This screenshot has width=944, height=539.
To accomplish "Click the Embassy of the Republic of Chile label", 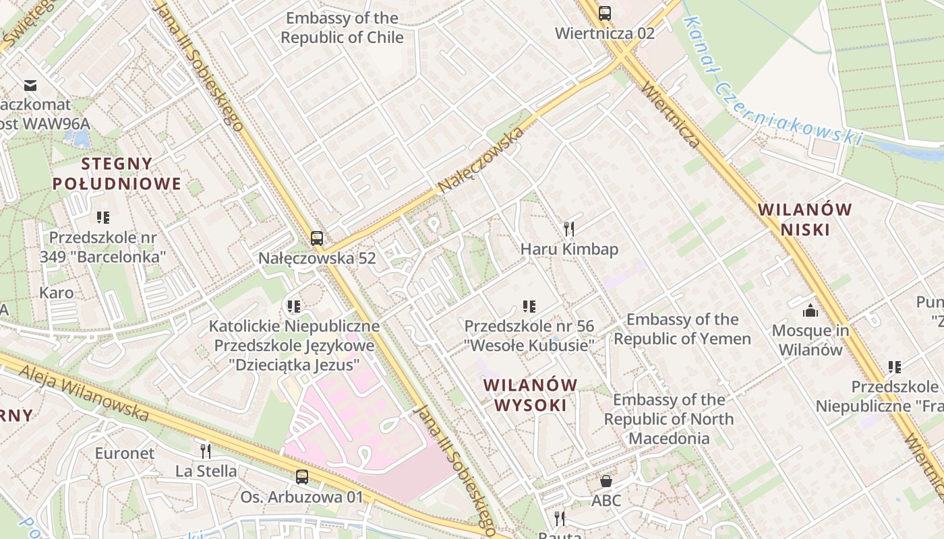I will [x=342, y=28].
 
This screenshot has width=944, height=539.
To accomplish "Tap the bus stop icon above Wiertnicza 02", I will [x=605, y=13].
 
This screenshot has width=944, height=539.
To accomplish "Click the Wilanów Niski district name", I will [x=804, y=219].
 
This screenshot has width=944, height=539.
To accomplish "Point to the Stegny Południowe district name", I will [x=117, y=173].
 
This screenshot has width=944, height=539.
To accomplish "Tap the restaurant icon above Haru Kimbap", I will [x=568, y=229].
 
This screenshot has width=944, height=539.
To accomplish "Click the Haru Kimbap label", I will [x=569, y=249].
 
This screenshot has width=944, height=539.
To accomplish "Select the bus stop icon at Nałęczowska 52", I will [x=317, y=238].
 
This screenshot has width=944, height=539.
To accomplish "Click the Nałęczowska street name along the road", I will [x=480, y=160].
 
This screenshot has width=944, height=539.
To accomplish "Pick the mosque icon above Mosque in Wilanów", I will [x=810, y=311].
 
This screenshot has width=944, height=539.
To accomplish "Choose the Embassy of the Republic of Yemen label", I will [x=682, y=329].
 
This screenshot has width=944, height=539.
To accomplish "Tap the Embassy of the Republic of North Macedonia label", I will [x=669, y=419].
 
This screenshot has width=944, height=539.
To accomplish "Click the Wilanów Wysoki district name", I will [x=531, y=395].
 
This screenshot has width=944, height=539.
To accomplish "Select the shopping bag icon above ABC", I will [x=606, y=481].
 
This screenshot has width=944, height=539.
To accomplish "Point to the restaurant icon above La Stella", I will [x=206, y=451].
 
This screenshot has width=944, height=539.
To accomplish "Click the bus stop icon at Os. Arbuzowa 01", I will [x=302, y=477].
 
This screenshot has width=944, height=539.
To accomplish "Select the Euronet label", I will [x=124, y=453].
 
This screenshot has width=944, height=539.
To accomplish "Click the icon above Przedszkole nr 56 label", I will [x=529, y=307].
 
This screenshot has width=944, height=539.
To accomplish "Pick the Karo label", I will [x=57, y=293].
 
